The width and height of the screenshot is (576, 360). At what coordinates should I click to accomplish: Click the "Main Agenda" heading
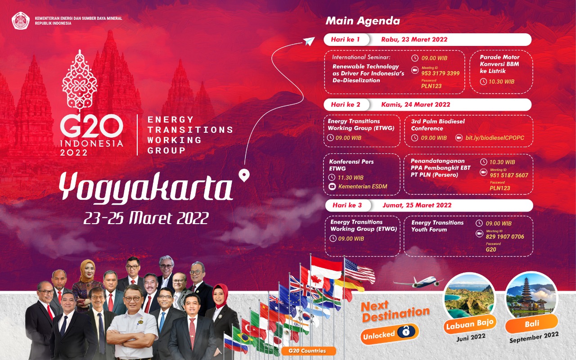click(x=362, y=21)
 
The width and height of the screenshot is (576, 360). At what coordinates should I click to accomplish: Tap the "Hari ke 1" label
click(x=345, y=40)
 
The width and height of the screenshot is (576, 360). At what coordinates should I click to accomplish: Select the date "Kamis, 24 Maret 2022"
click(x=415, y=104)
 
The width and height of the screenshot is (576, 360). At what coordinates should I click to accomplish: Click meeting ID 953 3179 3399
click(x=440, y=73)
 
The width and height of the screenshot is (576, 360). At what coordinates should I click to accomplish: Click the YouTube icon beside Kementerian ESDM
click(x=333, y=186)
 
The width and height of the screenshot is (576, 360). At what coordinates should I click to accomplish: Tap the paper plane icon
click(x=308, y=41)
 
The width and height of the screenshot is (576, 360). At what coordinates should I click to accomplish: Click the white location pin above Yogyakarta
click(x=244, y=175)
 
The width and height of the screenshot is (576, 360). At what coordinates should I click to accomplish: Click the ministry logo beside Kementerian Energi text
click(x=21, y=21)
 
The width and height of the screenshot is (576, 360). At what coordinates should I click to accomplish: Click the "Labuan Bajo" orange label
click(x=469, y=323)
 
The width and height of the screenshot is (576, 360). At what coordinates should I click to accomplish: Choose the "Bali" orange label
click(x=532, y=323)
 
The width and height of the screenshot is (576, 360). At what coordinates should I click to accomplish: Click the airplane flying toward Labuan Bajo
click(x=417, y=282)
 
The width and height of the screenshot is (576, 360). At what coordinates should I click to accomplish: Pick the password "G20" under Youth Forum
click(x=490, y=249)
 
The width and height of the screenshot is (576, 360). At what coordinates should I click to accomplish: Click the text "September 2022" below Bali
click(x=534, y=337)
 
